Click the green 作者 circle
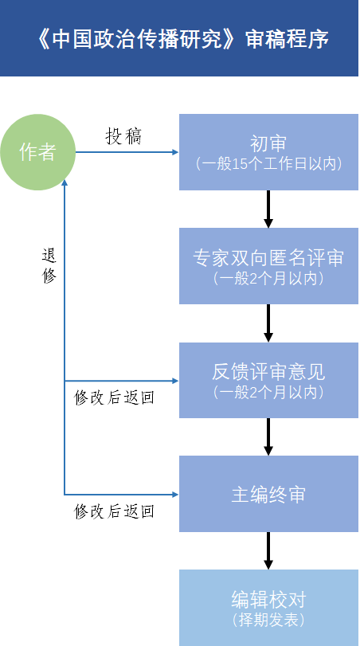pyautogui.click(x=38, y=152)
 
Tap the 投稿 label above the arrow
pyautogui.click(x=123, y=136)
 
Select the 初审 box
pyautogui.click(x=268, y=152)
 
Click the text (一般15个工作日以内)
pyautogui.click(x=268, y=164)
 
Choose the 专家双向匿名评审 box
pyautogui.click(x=268, y=265)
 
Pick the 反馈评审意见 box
pyautogui.click(x=268, y=379)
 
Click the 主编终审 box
pyautogui.click(x=268, y=494)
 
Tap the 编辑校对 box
pyautogui.click(x=268, y=607)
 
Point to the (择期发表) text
pyautogui.click(x=268, y=620)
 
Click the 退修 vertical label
pyautogui.click(x=49, y=266)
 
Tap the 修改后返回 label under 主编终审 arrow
pyautogui.click(x=114, y=511)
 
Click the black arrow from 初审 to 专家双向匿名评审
pyautogui.click(x=268, y=209)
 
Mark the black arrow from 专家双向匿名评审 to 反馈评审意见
pyautogui.click(x=268, y=323)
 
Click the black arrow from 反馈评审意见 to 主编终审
pyautogui.click(x=268, y=437)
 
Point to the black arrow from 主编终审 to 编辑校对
pyautogui.click(x=268, y=550)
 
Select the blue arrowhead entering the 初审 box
pyautogui.click(x=174, y=152)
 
